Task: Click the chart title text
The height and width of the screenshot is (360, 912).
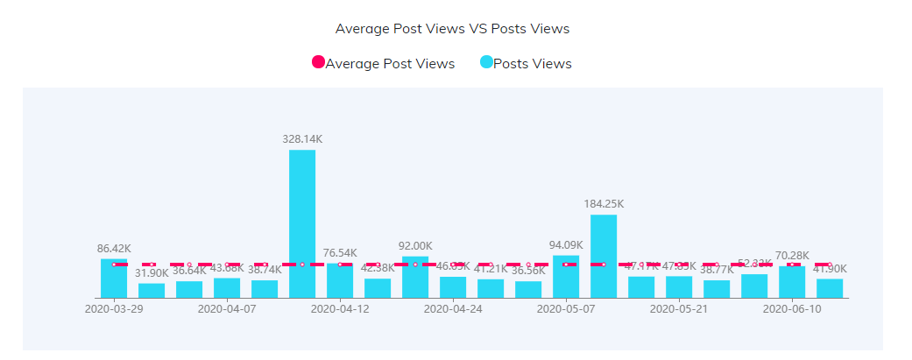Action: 452,29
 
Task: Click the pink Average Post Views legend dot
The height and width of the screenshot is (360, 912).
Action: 318,62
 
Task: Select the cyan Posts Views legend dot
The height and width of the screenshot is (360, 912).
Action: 486,62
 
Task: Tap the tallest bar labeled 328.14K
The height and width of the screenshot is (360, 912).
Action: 302,223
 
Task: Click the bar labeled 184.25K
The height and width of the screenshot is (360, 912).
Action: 604,256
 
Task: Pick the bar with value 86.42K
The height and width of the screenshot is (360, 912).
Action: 114,279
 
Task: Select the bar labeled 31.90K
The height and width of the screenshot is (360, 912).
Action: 152,291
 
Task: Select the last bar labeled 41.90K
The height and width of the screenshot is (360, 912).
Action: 830,289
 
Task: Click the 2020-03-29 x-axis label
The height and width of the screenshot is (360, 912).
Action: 114,309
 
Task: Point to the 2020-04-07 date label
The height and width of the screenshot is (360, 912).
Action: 227,309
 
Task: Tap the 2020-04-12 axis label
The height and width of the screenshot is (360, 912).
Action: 340,309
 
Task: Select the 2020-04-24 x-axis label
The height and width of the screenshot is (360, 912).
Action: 453,309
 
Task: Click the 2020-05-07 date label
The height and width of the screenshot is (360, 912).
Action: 566,309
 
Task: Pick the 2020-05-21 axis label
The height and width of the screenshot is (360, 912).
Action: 679,309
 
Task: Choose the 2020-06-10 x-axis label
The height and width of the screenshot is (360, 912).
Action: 792,309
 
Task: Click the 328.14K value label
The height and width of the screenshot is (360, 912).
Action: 302,138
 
